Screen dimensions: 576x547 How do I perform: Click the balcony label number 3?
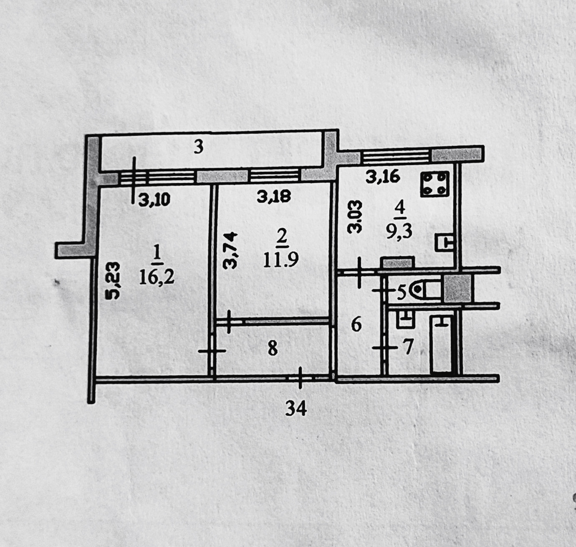pos(199,147)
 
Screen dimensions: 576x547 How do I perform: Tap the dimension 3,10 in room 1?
pos(154,200)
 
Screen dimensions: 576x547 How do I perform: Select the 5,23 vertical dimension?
pos(113,280)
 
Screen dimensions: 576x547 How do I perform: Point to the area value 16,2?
pos(157,277)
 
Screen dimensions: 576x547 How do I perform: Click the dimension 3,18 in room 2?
pos(273,196)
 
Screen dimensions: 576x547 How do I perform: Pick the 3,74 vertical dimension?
pos(230,250)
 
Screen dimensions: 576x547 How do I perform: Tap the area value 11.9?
pos(281,260)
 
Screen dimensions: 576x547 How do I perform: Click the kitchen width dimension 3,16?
pos(383,177)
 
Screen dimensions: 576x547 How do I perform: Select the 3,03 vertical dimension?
pos(356,216)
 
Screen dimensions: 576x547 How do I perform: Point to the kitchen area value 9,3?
pos(399,231)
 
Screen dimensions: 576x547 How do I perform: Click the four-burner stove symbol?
pos(435,184)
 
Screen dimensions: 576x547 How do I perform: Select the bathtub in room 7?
pos(442,344)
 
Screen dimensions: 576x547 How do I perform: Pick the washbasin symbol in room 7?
pos(405,319)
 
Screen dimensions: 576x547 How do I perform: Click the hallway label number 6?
pos(356,324)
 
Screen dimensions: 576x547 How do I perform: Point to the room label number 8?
pos(273,348)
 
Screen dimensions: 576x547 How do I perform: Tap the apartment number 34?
pos(296,408)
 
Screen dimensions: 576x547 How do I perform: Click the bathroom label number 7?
pos(407,347)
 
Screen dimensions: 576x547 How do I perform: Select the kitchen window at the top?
pos(395,157)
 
